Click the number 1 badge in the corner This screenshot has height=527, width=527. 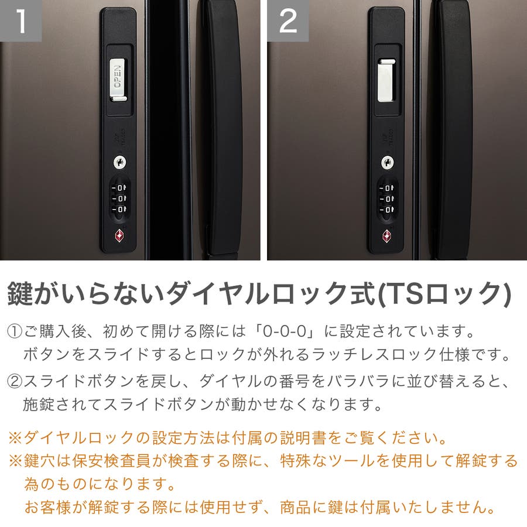coord(20,20)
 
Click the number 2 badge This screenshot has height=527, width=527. coord(288,20)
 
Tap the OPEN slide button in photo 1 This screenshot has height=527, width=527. coord(118,80)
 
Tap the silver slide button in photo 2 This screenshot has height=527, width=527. coord(386,80)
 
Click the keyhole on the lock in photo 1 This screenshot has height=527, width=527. coord(119,163)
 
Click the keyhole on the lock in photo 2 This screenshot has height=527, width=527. coord(388,163)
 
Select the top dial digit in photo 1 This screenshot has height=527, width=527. coord(119,188)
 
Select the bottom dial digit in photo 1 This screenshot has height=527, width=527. coord(119,210)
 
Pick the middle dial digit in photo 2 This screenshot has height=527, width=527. coord(388,199)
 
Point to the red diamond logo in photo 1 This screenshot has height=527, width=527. coord(119,235)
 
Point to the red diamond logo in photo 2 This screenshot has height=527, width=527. coord(387,236)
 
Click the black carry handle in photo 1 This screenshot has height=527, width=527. coord(222,128)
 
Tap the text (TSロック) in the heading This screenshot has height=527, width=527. coord(444,294)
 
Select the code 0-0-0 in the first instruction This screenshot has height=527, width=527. coord(285,331)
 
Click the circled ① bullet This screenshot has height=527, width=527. coord(15,331)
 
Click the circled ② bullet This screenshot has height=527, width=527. coord(15,381)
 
